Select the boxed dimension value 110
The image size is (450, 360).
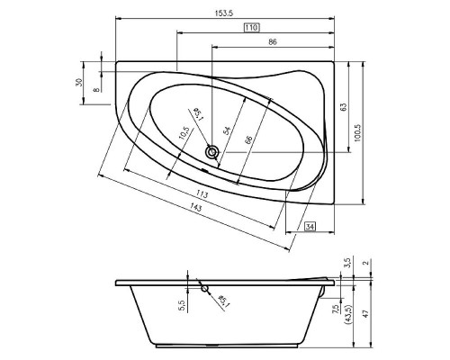click(252, 27)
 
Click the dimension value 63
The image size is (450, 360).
click(343, 107)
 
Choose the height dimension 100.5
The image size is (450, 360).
click(356, 131)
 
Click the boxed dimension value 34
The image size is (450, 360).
click(310, 226)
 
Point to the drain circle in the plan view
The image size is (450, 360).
click(213, 153)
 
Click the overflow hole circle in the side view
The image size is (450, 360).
click(206, 289)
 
